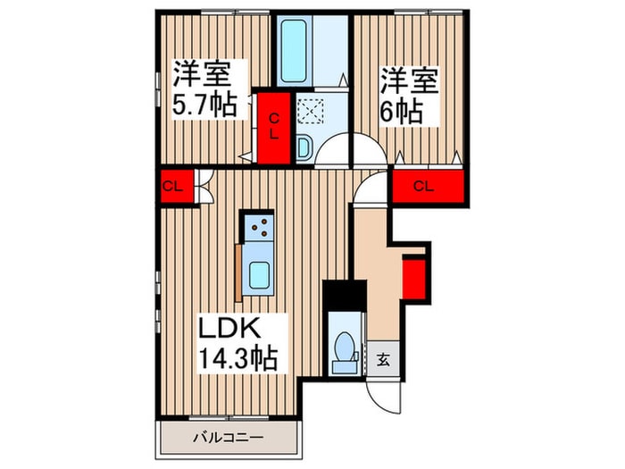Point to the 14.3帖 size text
(x=236, y=359)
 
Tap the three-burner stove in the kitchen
(x=258, y=230)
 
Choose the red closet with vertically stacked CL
(x=274, y=128)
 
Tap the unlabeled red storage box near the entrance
(x=413, y=275)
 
